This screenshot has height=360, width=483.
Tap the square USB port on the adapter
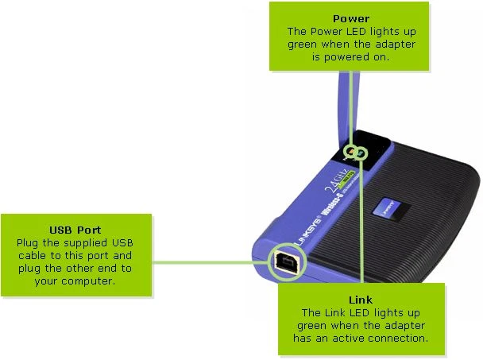click(x=284, y=261)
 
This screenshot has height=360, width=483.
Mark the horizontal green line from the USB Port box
click(x=211, y=261)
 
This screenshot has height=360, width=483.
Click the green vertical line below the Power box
click(x=350, y=107)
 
